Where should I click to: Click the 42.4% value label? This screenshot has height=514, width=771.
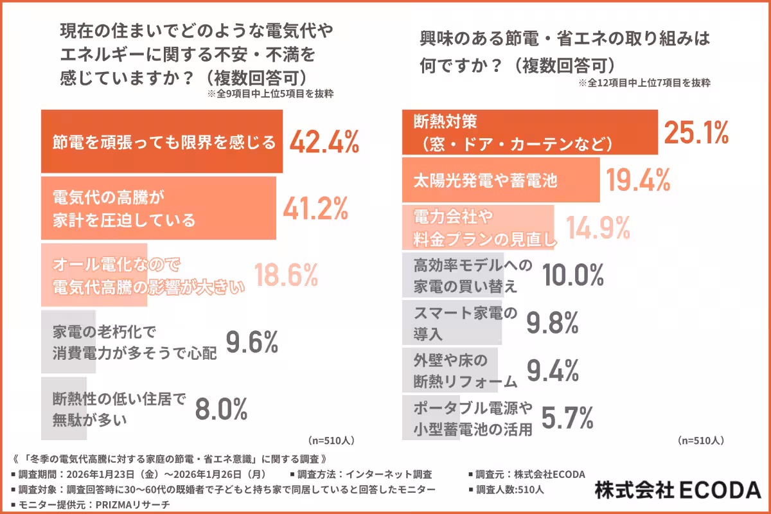click(324, 142)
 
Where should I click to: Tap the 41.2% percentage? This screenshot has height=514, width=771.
click(315, 208)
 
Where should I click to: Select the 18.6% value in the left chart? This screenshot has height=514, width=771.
click(286, 275)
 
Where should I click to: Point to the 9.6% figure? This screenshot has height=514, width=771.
click(252, 342)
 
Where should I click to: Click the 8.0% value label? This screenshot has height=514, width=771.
click(220, 409)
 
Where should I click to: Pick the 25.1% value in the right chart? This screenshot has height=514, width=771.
click(696, 132)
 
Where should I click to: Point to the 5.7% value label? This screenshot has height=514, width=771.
click(566, 418)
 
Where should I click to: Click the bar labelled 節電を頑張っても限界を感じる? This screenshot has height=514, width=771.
click(162, 142)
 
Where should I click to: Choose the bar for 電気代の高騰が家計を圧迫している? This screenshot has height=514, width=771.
click(158, 208)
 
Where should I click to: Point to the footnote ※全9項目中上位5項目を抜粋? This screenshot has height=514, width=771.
click(270, 94)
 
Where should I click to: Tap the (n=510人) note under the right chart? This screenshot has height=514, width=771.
click(701, 441)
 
